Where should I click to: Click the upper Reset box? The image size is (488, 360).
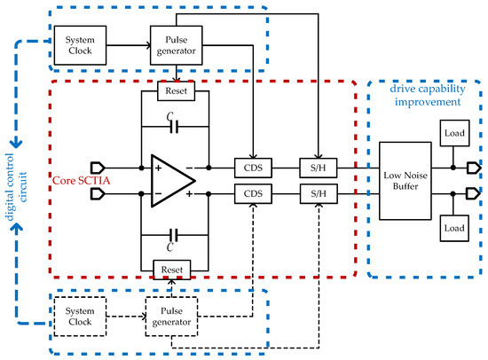[x=170, y=90]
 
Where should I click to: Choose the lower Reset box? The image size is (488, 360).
[x=170, y=268]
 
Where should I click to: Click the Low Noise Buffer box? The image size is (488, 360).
[x=405, y=179]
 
